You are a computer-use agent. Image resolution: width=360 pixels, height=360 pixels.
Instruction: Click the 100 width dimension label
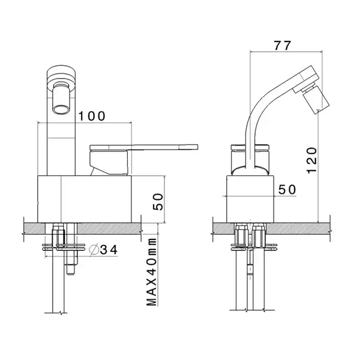[92, 116]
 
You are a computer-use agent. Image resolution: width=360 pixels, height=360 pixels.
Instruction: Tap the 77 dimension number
[283, 46]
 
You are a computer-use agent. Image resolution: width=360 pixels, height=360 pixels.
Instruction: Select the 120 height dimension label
[312, 160]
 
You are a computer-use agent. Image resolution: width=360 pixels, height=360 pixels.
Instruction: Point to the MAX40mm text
[152, 272]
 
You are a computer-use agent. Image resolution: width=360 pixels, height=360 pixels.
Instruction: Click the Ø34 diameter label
[104, 250]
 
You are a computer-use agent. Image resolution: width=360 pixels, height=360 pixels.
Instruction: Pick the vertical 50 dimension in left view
[158, 202]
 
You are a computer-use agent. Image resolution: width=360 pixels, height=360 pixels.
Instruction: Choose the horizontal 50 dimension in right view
[287, 190]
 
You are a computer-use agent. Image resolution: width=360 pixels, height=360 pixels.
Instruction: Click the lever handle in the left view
[144, 147]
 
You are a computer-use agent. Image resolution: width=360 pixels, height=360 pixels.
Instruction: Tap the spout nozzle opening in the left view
[60, 110]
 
